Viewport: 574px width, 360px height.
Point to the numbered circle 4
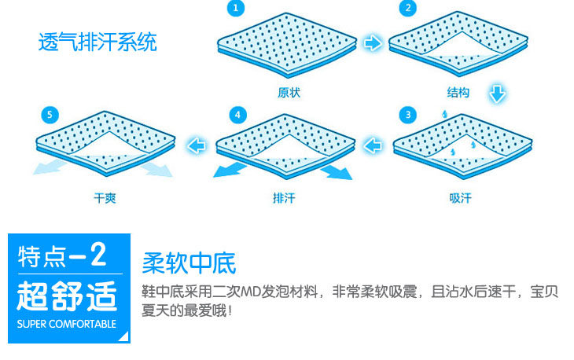point(237,115)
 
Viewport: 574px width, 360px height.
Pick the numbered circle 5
point(50,115)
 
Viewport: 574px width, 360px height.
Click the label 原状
point(289,92)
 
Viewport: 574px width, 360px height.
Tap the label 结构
point(458,92)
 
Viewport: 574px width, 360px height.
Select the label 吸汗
point(460,198)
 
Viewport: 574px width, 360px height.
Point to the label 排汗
point(284,198)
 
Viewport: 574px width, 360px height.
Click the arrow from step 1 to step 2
point(373,42)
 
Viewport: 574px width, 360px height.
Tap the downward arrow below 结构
point(497,94)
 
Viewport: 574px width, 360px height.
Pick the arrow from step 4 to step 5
point(196,145)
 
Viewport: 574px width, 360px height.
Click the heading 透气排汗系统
point(97,42)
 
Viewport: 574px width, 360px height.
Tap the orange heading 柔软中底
point(189,263)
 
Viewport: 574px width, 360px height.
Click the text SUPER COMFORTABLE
point(67,324)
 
